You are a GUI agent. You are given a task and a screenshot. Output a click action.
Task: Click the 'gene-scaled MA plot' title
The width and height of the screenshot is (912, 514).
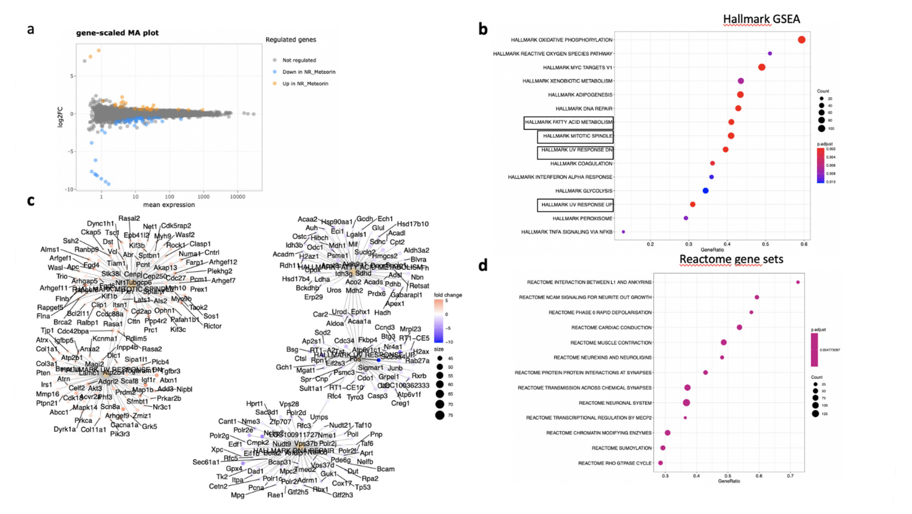coord(117,33)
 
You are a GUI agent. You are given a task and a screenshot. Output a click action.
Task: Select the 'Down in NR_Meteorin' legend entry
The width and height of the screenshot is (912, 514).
coord(308,72)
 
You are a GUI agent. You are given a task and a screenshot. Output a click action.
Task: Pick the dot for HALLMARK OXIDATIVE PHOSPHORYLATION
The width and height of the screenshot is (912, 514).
coord(802,40)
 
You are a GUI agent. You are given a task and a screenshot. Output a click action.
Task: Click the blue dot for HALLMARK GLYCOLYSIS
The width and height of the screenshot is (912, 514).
coord(705,191)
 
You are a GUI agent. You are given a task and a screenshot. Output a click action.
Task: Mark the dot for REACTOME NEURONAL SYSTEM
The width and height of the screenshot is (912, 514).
coord(686,403)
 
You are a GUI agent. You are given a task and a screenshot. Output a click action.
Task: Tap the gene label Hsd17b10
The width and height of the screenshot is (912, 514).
coord(413,224)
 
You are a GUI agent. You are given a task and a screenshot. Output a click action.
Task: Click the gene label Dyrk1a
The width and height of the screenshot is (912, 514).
coord(65,429)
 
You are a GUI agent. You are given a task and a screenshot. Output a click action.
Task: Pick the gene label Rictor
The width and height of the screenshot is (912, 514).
coord(212,326)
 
